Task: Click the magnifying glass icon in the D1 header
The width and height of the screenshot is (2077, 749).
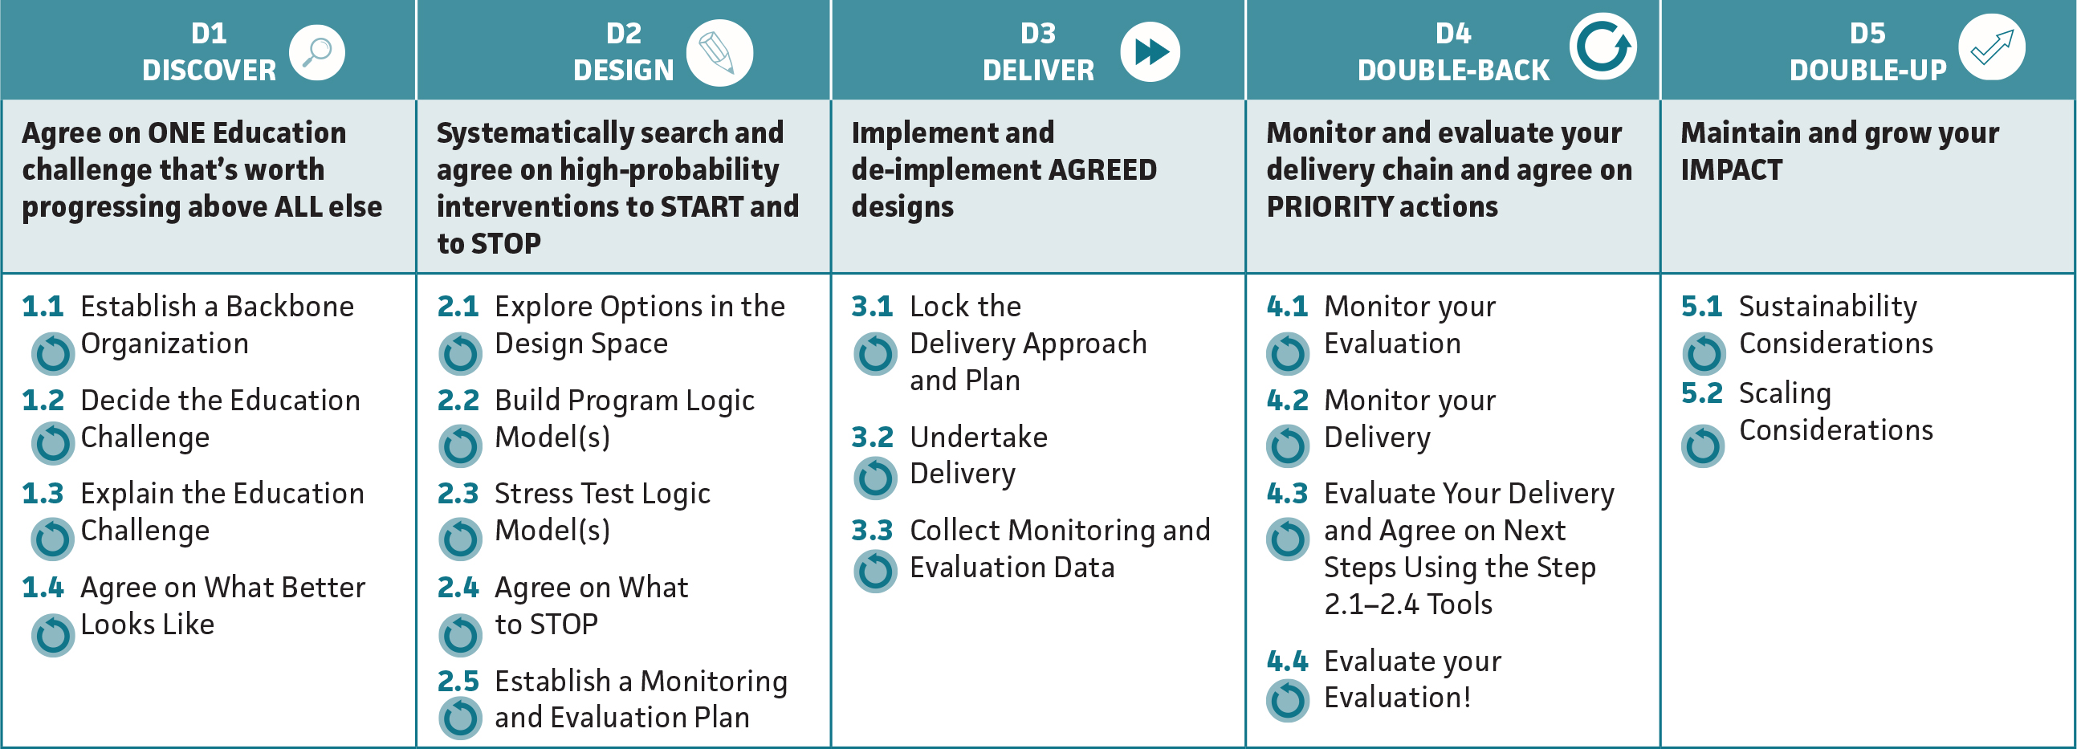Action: (317, 52)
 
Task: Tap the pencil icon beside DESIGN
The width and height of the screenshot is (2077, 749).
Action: (719, 53)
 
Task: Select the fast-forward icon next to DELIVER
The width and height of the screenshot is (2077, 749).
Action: (1150, 52)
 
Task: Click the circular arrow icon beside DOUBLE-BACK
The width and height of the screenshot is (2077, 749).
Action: (1602, 47)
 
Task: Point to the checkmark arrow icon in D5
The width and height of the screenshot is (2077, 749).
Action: (1991, 47)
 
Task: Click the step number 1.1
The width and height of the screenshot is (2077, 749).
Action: (43, 307)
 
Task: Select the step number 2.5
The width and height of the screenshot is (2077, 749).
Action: (458, 682)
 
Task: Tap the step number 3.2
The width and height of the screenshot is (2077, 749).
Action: (873, 437)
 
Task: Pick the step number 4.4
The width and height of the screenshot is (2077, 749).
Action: (1287, 661)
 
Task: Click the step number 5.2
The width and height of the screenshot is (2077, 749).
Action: (1701, 393)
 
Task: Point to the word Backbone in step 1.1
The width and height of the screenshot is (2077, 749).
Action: (290, 307)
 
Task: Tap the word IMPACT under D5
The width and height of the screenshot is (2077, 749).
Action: (1731, 170)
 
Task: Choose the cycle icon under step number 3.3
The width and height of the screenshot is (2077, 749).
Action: (875, 571)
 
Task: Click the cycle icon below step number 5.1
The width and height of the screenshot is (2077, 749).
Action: (1704, 353)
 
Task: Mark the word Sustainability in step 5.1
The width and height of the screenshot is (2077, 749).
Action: (1828, 307)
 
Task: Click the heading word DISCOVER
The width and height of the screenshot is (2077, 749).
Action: (209, 71)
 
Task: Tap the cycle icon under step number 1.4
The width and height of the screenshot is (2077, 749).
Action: (53, 635)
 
